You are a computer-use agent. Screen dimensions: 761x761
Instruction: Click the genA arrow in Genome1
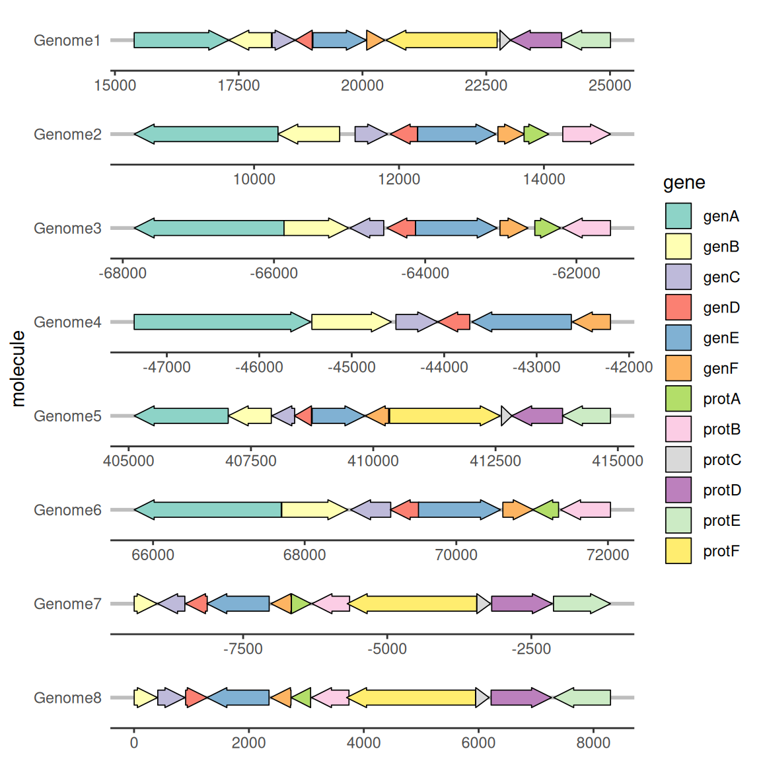click(x=181, y=40)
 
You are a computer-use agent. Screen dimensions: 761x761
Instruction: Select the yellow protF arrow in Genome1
click(x=442, y=40)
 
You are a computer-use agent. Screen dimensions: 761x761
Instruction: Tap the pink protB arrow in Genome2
click(x=587, y=134)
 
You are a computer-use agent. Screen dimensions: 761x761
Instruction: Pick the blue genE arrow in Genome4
click(x=521, y=322)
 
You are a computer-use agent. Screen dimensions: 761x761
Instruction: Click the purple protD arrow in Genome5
click(x=537, y=416)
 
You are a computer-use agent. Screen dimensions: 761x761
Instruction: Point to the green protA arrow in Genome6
click(x=546, y=509)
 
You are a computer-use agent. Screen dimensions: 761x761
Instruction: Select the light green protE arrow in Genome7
click(x=582, y=604)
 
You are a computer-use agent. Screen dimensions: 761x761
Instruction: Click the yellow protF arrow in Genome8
click(x=411, y=698)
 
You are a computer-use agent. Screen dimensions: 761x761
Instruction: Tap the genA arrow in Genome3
click(x=209, y=228)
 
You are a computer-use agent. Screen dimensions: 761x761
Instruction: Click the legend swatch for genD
click(x=678, y=307)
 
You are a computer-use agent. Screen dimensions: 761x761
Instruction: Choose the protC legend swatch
click(x=678, y=460)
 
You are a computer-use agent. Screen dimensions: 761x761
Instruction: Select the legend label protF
click(x=721, y=552)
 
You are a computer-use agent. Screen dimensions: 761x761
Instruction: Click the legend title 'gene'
click(x=684, y=183)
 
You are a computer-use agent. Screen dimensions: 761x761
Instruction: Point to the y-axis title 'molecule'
click(x=18, y=369)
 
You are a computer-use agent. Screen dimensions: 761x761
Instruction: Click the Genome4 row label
click(x=67, y=322)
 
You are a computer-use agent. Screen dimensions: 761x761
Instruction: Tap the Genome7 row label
click(x=67, y=604)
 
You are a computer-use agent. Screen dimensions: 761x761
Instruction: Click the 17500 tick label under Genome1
click(x=238, y=85)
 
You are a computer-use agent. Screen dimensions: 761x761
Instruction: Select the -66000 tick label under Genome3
click(x=273, y=273)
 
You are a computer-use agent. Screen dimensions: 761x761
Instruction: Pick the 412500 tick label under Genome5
click(x=495, y=461)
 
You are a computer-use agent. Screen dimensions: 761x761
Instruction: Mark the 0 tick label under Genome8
click(x=134, y=743)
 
